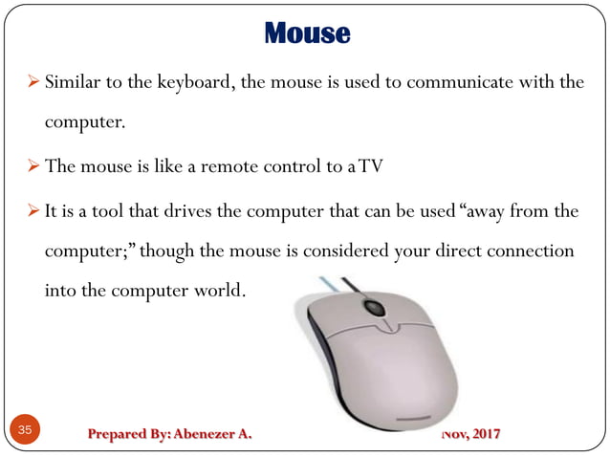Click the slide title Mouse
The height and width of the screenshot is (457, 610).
pos(307,34)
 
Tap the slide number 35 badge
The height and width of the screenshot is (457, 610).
pos(25,431)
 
